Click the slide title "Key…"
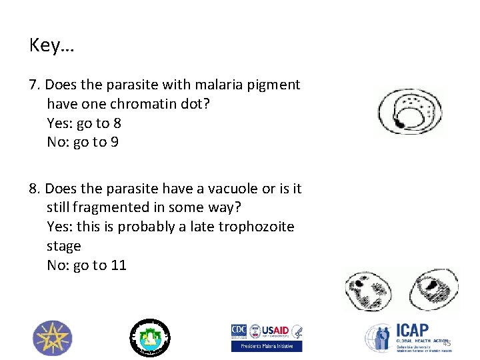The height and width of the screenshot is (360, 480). coord(52,45)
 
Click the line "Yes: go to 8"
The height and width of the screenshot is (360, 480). coord(84,123)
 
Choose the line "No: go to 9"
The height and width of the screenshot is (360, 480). coord(83,142)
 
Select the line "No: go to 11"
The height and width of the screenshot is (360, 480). coord(87,265)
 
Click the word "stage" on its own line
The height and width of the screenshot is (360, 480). coord(63,246)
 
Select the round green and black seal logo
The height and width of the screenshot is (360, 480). coord(150,336)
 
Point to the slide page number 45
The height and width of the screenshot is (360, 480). coord(447,343)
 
